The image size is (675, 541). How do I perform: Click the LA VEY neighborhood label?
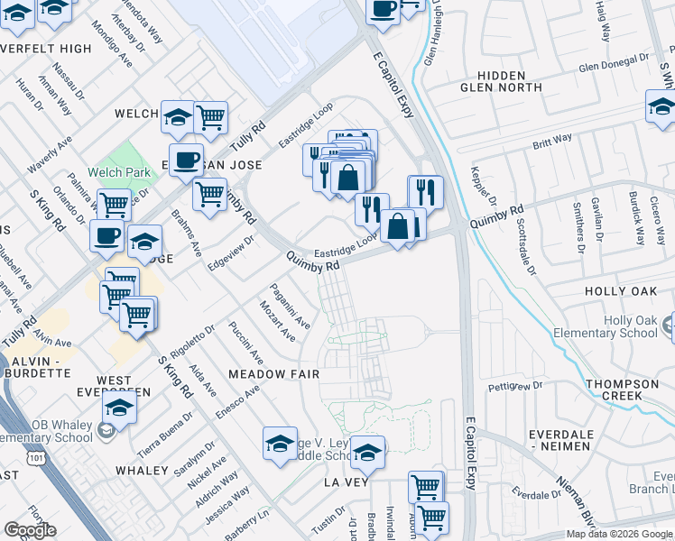point(344,482)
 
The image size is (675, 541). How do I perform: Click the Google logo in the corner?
point(30,530)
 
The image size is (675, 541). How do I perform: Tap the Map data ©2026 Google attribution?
point(619,534)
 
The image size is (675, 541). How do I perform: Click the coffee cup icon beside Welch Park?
point(186,161)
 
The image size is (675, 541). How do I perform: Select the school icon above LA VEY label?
point(367,454)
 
